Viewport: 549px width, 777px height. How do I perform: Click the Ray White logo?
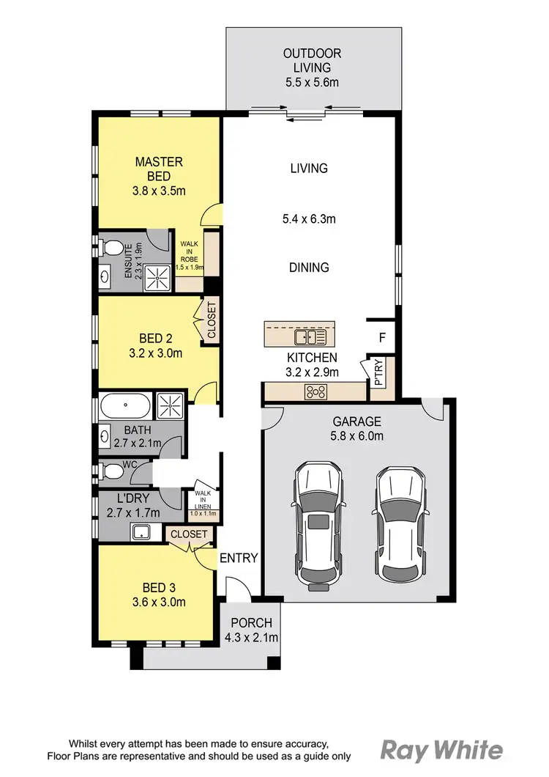[x=441, y=750]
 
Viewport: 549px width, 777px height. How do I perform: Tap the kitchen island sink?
[x=310, y=337]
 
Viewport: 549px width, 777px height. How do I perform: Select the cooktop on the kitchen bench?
[x=316, y=392]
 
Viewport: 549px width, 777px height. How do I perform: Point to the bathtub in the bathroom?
[x=124, y=404]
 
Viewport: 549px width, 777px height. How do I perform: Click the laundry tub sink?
[x=141, y=531]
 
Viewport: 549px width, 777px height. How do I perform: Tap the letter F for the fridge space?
[x=381, y=338]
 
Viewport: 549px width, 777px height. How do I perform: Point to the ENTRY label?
[x=239, y=558]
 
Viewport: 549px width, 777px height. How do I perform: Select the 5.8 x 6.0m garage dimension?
[x=357, y=437]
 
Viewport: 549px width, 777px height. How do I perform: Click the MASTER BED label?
[x=158, y=169]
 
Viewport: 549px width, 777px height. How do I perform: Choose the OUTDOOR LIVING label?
[x=313, y=61]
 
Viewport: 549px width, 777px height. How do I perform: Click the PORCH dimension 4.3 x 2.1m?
[x=251, y=638]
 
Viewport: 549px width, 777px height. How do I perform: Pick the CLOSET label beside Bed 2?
[x=211, y=320]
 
